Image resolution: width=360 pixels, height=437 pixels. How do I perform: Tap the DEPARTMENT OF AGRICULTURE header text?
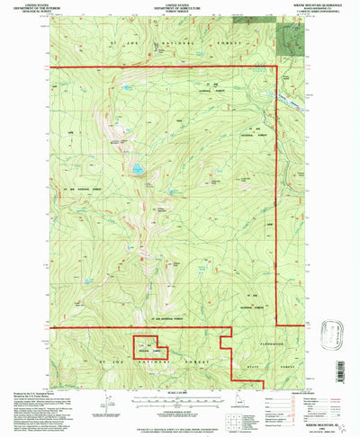(x=179, y=8)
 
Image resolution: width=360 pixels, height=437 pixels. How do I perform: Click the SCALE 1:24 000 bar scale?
(x=180, y=401)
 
